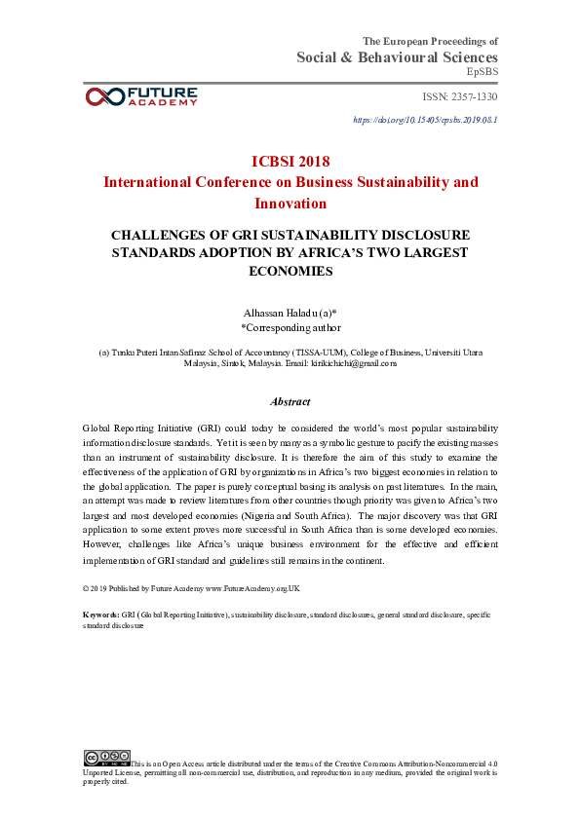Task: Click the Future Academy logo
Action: point(141,95)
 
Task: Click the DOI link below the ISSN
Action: point(425,120)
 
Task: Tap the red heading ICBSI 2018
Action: point(290,161)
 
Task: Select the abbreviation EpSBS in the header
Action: point(482,72)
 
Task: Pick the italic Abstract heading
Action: point(290,401)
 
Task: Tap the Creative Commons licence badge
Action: point(106,756)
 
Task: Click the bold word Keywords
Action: point(101,615)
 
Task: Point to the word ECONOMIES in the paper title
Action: point(290,272)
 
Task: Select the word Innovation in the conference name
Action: point(290,203)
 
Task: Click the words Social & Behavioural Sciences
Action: point(397,57)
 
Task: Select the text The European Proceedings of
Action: point(430,41)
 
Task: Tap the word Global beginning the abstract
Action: point(99,429)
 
